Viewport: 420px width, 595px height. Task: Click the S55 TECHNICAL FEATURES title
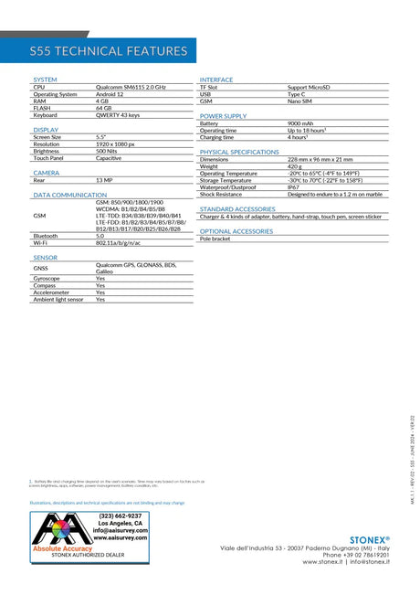108,51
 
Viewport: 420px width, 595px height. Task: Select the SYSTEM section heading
45,80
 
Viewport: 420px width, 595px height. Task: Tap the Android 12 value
110,94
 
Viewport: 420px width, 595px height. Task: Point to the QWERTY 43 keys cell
118,115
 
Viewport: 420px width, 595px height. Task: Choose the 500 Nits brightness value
107,151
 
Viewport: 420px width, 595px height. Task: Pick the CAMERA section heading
47,172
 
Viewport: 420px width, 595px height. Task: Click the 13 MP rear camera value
104,180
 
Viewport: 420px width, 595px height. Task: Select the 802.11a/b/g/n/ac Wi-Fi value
119,243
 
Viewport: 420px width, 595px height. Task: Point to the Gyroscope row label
47,278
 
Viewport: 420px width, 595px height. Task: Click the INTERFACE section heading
216,80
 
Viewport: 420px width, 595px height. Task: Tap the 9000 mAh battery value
300,123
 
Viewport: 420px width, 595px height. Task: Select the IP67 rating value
294,187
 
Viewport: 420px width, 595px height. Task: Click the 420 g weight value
295,166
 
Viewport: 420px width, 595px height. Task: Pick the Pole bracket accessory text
215,239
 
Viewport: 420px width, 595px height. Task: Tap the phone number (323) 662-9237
121,515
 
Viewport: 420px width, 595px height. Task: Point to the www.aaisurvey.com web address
121,538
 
